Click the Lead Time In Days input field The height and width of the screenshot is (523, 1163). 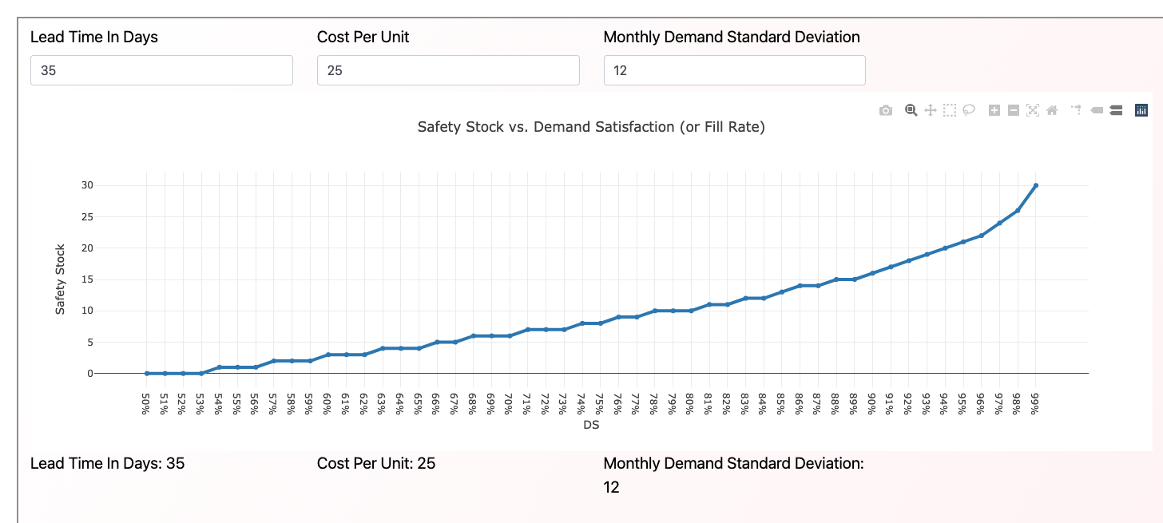click(161, 70)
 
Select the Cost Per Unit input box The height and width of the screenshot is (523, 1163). click(448, 70)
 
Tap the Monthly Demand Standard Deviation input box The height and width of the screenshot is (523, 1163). click(734, 70)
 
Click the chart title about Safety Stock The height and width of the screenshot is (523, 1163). click(591, 127)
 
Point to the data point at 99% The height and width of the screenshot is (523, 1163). click(1035, 185)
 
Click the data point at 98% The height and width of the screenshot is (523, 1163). click(1018, 211)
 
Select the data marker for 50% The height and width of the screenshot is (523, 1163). click(147, 373)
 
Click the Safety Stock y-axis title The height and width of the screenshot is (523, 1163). click(60, 279)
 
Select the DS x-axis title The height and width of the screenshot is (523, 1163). click(591, 426)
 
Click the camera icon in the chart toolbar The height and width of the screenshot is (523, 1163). click(885, 111)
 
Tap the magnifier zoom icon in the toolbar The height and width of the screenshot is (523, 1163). click(911, 111)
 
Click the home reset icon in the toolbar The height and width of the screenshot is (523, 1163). click(1052, 111)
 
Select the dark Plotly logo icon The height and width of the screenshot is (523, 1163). click(1141, 111)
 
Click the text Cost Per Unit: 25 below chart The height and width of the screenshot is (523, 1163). click(376, 463)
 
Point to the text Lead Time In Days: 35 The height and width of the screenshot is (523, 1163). click(107, 463)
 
